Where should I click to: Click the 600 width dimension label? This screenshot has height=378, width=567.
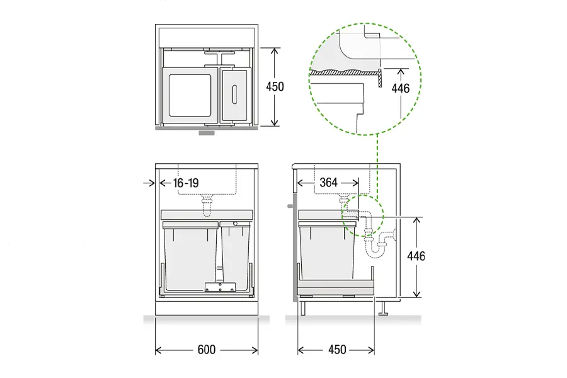tap(207, 350)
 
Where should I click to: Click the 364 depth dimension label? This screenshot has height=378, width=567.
tap(328, 182)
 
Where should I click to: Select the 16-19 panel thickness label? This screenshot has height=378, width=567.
tap(186, 183)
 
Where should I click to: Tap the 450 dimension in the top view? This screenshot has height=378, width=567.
tap(275, 87)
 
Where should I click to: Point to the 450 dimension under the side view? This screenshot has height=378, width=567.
tap(337, 350)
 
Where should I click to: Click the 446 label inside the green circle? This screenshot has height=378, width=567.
tap(401, 88)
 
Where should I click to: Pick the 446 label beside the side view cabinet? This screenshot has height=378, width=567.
tap(416, 256)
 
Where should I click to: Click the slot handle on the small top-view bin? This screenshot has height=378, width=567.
tap(234, 94)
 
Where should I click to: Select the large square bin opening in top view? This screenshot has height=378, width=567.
tap(190, 96)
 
